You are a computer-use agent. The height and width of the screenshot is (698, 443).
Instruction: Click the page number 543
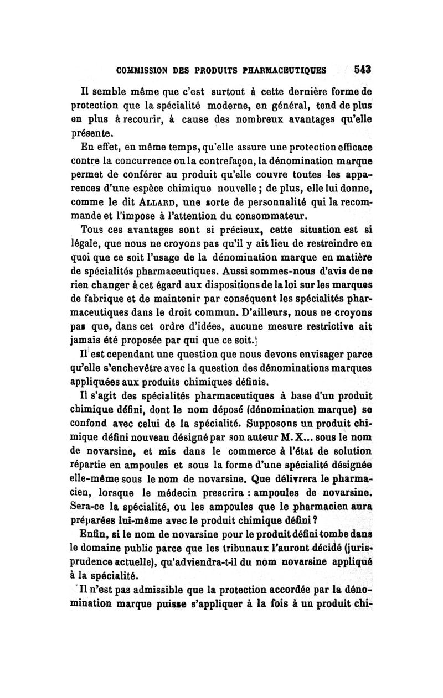coord(362,70)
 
